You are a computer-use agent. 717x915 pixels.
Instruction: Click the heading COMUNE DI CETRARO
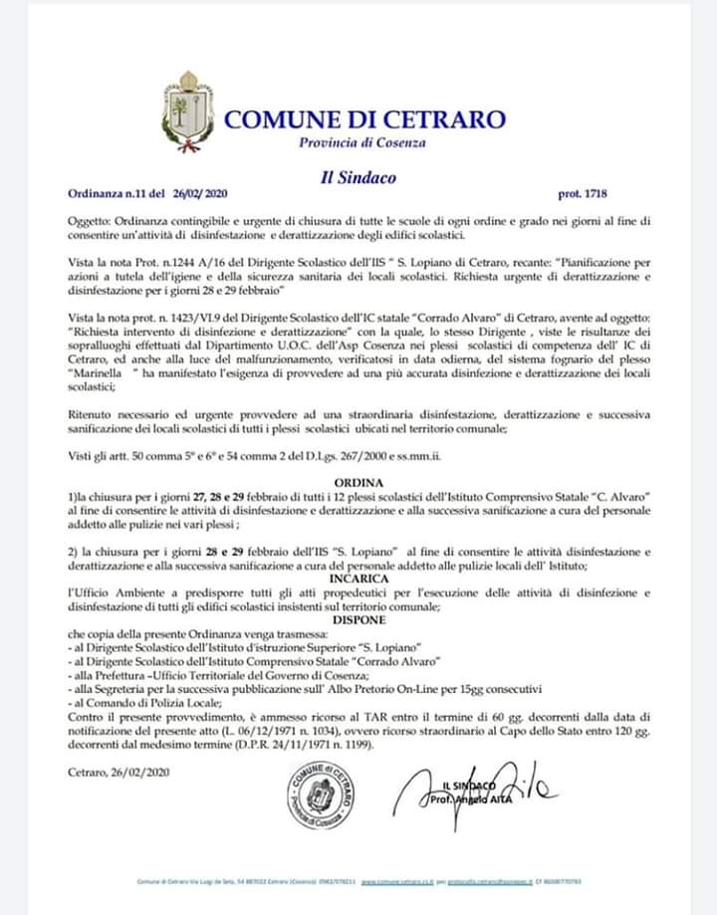click(364, 119)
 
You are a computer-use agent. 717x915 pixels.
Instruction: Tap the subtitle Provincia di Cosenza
click(362, 143)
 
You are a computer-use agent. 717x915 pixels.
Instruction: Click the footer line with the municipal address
click(358, 881)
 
